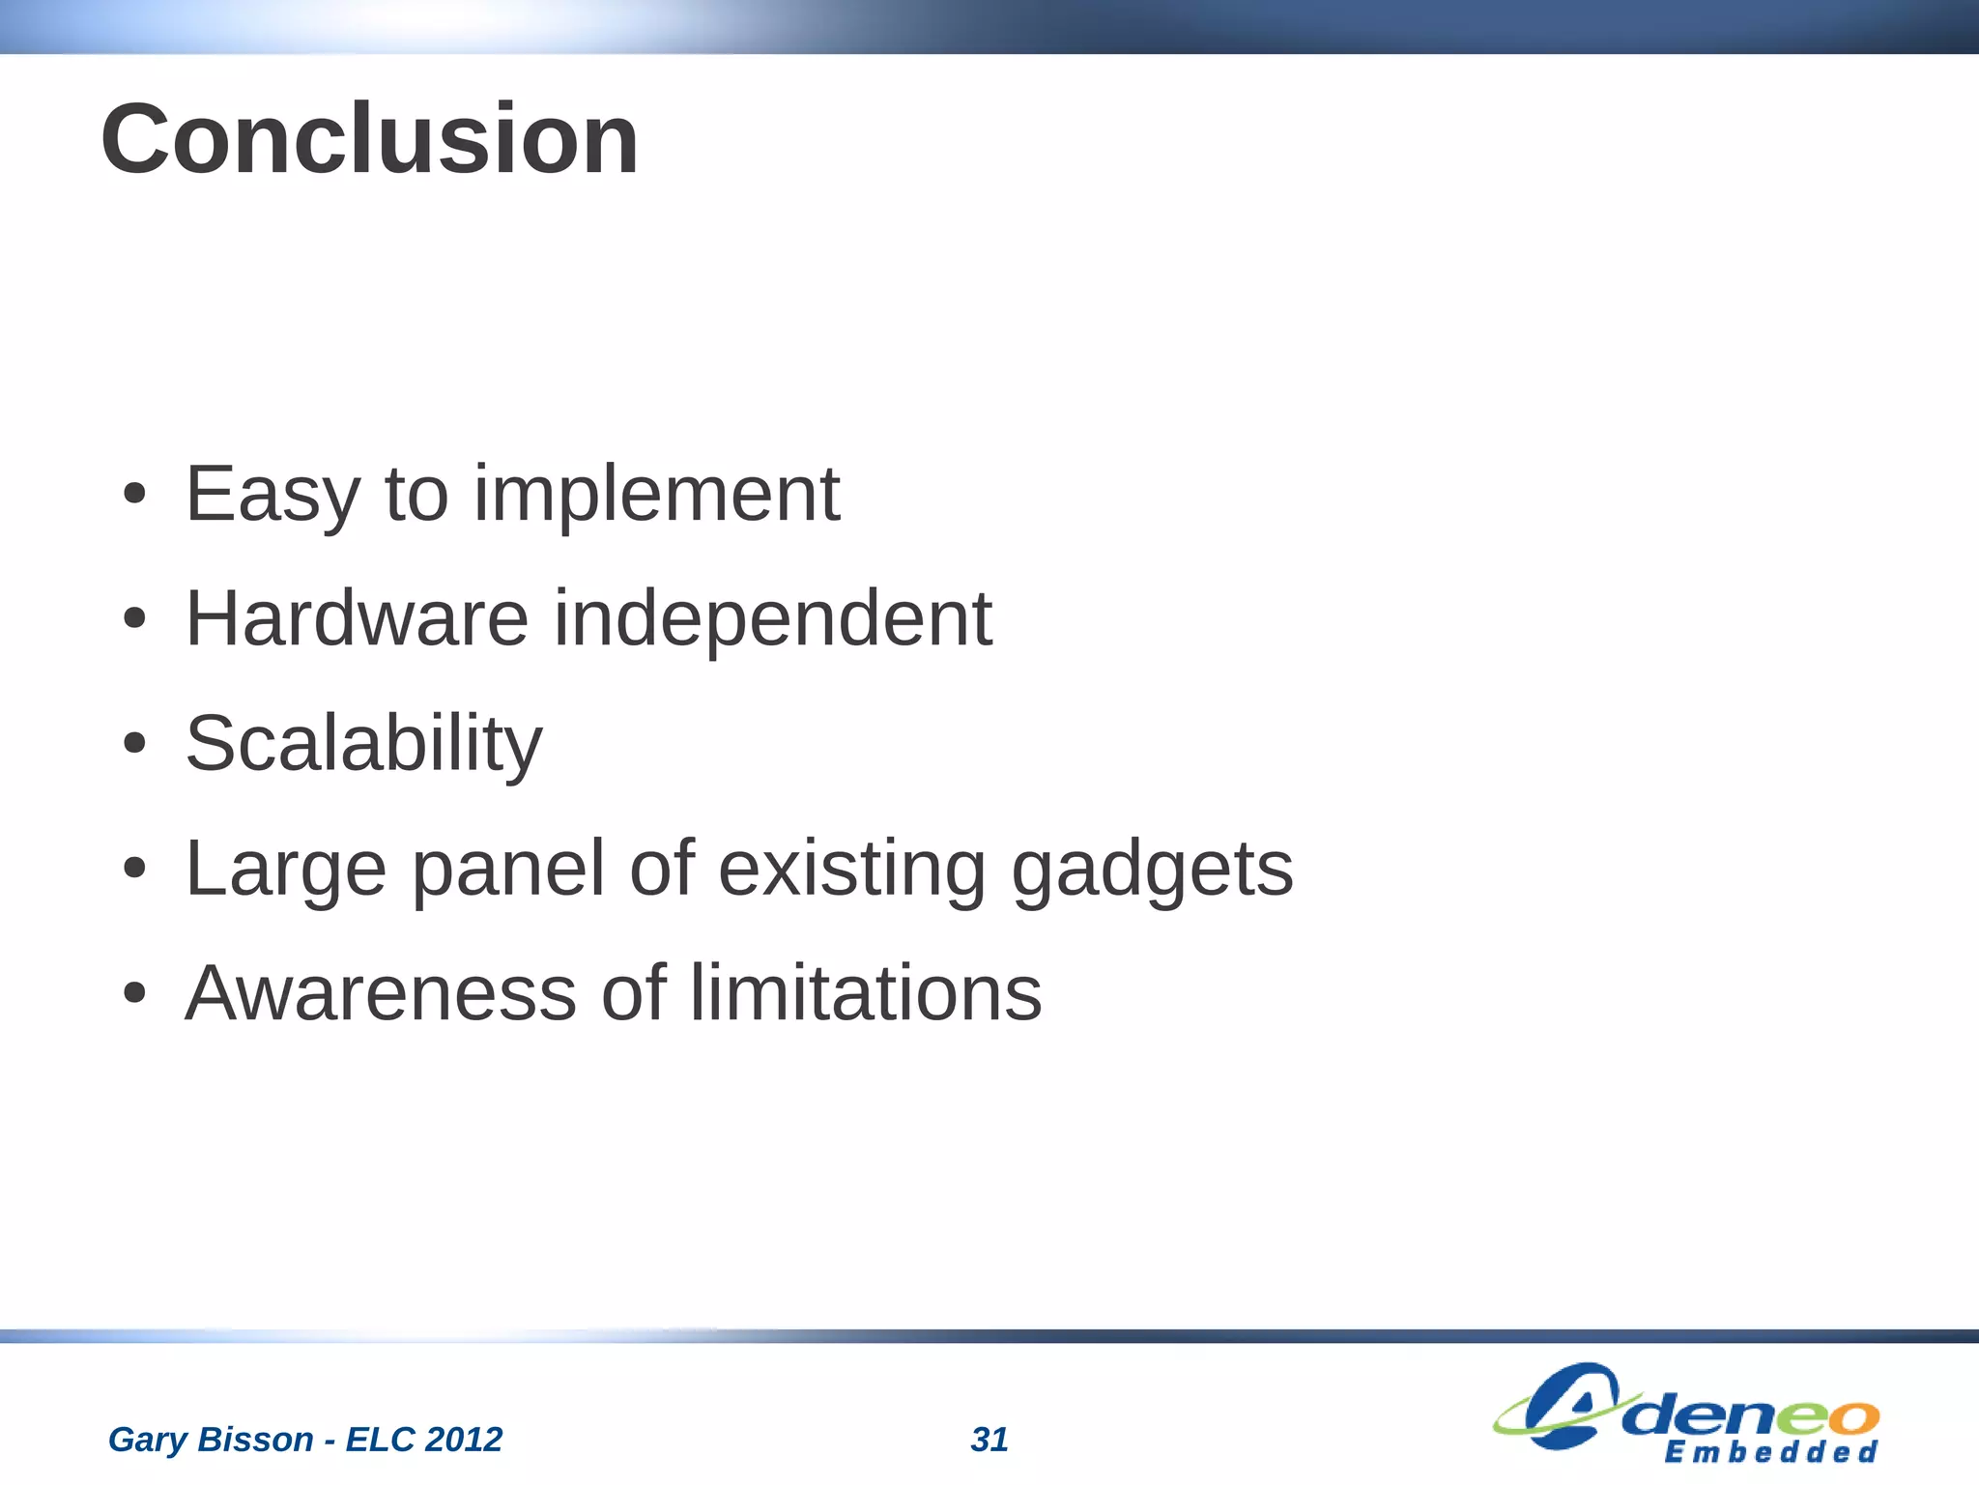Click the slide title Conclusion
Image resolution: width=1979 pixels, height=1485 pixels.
(369, 140)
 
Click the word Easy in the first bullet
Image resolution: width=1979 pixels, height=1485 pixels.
(272, 495)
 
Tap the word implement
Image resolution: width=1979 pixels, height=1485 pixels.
(656, 495)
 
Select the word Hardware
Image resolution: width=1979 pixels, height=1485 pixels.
(357, 618)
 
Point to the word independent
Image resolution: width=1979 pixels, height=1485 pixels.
(772, 620)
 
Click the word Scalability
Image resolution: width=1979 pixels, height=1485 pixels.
(363, 744)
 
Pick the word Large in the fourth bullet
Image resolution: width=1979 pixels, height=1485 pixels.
(286, 870)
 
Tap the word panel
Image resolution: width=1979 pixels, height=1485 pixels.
(508, 870)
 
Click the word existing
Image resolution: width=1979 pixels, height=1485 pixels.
(851, 870)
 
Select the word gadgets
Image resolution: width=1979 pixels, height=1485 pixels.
(1152, 870)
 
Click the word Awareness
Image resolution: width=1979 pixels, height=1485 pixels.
(381, 993)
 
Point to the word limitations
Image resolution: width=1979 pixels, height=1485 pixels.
(866, 993)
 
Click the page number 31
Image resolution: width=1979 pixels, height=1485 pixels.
(989, 1440)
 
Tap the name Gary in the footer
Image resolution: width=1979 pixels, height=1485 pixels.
(147, 1440)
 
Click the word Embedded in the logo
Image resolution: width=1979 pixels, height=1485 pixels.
(1770, 1452)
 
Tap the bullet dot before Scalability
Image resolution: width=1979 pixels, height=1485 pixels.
(134, 744)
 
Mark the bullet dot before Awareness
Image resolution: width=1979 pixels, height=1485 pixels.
(134, 993)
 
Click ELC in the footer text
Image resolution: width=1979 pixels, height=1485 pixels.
(380, 1440)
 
